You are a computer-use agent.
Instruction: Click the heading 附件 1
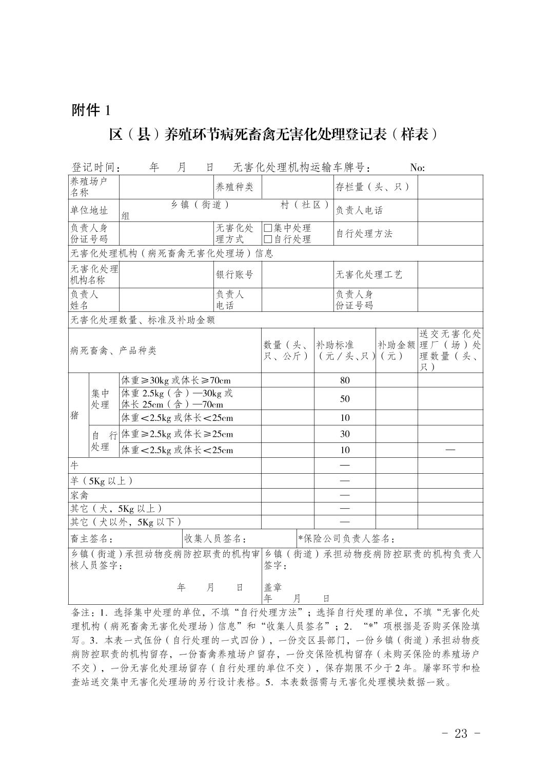(x=91, y=110)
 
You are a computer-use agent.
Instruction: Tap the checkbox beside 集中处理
(x=267, y=228)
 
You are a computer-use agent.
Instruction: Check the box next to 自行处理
(x=267, y=239)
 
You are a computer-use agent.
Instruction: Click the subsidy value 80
(x=345, y=380)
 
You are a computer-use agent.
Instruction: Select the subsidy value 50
(x=345, y=399)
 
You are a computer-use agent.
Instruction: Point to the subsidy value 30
(x=345, y=434)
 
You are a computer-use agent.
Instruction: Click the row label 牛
(x=75, y=466)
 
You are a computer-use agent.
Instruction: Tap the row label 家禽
(x=80, y=495)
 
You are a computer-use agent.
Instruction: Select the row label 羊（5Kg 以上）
(x=102, y=481)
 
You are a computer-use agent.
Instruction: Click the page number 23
(x=461, y=733)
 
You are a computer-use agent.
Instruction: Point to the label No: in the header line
(x=417, y=168)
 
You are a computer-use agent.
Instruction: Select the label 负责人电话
(x=359, y=211)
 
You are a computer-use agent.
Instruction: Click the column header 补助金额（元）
(x=396, y=350)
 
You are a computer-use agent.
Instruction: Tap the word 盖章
(x=273, y=587)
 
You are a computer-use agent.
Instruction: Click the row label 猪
(x=75, y=415)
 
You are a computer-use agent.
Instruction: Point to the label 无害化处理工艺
(x=369, y=274)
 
